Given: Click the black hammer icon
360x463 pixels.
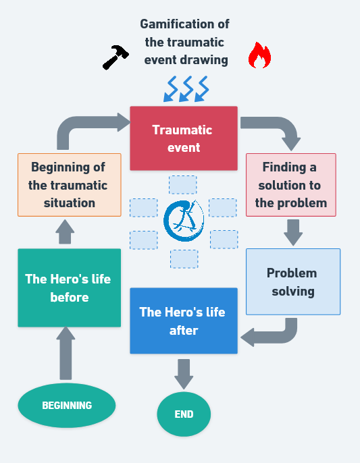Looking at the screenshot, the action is coord(115,57).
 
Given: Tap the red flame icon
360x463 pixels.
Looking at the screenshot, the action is coord(259,55).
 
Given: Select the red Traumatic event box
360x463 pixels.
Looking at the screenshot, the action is coord(184,138).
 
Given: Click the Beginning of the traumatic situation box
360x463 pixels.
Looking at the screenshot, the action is coord(70,185).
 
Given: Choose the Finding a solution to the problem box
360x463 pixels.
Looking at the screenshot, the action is coord(291,185).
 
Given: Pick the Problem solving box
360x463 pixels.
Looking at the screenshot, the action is coord(293,281).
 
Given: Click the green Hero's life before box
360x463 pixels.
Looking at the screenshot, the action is coord(69,288).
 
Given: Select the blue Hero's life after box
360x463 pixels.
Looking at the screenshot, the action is coord(184,321).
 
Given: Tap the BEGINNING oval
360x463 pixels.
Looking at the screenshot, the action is coord(67,405).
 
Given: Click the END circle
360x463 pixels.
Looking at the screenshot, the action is coord(184,414).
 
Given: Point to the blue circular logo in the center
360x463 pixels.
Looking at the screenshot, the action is coord(184,221).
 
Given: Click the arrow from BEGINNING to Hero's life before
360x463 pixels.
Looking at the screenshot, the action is coord(66,353).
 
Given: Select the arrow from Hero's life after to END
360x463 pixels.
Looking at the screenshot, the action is coord(184,374).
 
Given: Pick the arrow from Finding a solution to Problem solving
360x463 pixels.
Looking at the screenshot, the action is coord(293,232).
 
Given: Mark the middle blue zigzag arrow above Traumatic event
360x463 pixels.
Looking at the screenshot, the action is coord(186,89).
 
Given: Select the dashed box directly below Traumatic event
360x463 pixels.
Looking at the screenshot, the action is coord(182,185).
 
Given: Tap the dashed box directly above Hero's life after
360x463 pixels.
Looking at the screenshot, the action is coord(184,259).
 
